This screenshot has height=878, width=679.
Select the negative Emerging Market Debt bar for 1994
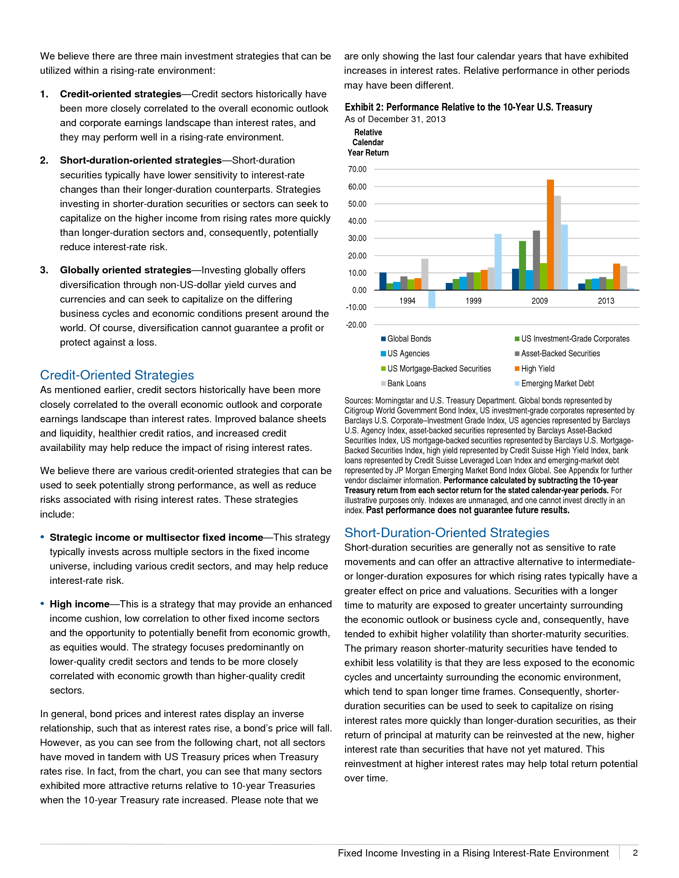pos(432,299)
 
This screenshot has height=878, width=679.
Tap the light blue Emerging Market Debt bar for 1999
pos(498,262)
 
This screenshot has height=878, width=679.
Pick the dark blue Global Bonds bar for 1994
pos(383,281)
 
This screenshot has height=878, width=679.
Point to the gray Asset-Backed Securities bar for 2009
pos(536,260)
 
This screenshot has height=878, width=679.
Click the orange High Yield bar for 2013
pos(616,277)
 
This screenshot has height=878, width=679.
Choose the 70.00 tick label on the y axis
pos(357,169)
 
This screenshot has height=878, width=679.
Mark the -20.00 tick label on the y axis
pos(356,325)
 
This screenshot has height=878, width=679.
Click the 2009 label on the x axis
pos(540,301)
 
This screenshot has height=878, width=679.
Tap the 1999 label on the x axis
pos(473,301)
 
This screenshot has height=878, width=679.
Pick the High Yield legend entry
pos(537,369)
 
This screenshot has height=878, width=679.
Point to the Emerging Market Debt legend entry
pos(557,384)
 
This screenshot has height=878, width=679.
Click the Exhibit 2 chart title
pos(468,107)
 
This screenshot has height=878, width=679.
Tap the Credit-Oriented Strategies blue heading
pos(117,375)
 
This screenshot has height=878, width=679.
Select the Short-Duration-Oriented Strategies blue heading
pos(447,533)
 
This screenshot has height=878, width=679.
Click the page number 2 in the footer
pos(635,853)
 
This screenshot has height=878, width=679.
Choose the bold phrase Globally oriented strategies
pos(125,270)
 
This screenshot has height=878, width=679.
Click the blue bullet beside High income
pos(42,604)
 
